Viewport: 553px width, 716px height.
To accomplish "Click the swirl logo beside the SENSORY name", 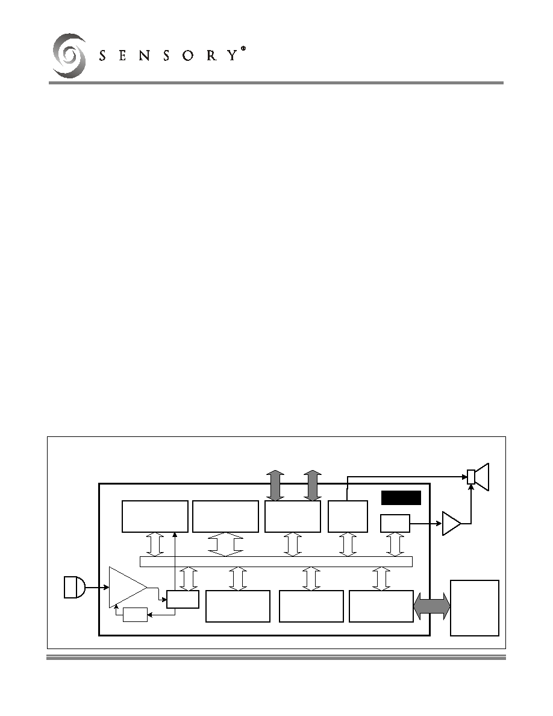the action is point(69,55).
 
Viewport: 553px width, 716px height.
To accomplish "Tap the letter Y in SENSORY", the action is point(233,55).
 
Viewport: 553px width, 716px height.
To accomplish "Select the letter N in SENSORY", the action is point(145,55).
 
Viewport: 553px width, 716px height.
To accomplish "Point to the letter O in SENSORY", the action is point(188,55).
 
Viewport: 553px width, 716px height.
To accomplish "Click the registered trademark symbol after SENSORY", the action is point(243,48).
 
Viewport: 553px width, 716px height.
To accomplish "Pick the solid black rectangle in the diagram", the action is point(401,498).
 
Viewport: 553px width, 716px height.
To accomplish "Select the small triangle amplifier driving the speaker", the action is point(451,523).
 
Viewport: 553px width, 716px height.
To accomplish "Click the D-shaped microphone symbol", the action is point(74,587).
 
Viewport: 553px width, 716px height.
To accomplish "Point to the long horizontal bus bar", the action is point(276,562).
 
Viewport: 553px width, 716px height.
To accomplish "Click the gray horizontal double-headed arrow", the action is point(432,607).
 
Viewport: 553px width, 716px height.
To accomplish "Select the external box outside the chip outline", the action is point(475,608).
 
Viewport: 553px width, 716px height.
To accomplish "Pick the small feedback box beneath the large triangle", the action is point(136,615).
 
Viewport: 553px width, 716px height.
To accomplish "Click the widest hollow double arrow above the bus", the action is point(225,544).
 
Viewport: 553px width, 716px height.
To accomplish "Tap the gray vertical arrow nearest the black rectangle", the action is point(313,485).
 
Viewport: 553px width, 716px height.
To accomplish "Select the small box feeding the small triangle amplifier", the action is point(395,523).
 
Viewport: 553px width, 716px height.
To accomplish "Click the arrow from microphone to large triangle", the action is point(97,587).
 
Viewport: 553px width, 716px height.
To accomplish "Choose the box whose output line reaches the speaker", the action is point(348,517).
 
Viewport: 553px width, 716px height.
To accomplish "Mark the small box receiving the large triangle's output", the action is point(183,599).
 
